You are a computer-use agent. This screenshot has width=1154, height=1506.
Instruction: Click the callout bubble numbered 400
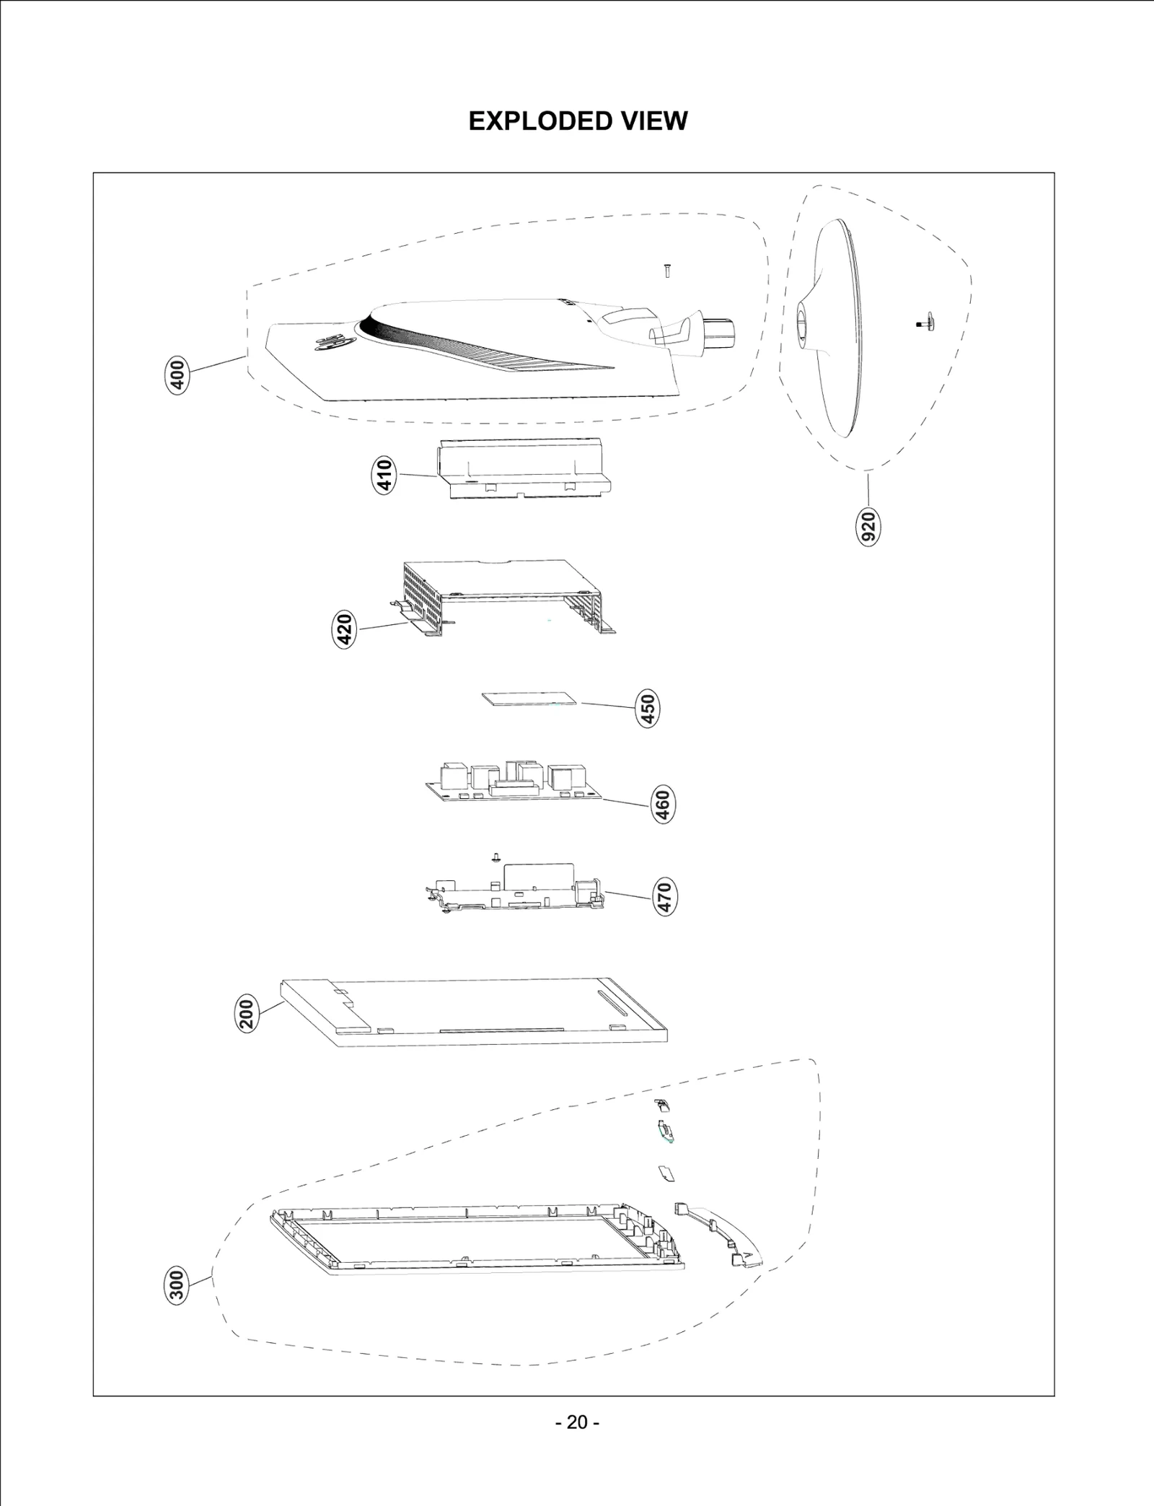tap(177, 375)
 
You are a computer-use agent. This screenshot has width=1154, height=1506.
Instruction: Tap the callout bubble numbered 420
tap(346, 629)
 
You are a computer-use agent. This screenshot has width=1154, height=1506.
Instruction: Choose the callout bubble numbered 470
tap(664, 898)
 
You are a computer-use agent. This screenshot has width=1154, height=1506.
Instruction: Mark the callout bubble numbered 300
tap(177, 1285)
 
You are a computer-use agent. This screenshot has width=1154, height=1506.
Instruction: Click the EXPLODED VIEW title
tap(578, 121)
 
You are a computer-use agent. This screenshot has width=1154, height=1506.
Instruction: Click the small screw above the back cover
tap(666, 271)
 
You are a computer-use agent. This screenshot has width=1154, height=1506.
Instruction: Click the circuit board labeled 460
tap(514, 784)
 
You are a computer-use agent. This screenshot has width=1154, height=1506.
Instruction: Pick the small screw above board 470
tap(495, 857)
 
